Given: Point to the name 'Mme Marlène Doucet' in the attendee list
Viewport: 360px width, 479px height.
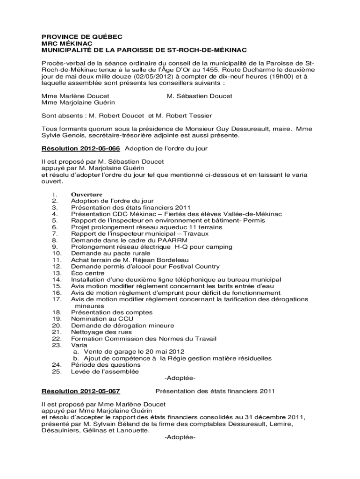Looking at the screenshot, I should click(x=69, y=96).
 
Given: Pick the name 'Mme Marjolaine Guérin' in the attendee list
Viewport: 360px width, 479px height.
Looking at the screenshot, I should click(x=72, y=102).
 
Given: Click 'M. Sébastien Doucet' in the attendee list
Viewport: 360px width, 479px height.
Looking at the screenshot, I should click(x=200, y=96).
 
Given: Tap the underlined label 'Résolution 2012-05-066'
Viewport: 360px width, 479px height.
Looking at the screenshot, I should click(x=81, y=148).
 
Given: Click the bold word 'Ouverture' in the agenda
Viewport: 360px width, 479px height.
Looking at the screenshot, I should click(x=86, y=195).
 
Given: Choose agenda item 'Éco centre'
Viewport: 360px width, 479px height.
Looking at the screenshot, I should click(x=86, y=273).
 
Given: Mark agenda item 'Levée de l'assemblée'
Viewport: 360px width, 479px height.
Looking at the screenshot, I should click(x=105, y=371).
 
